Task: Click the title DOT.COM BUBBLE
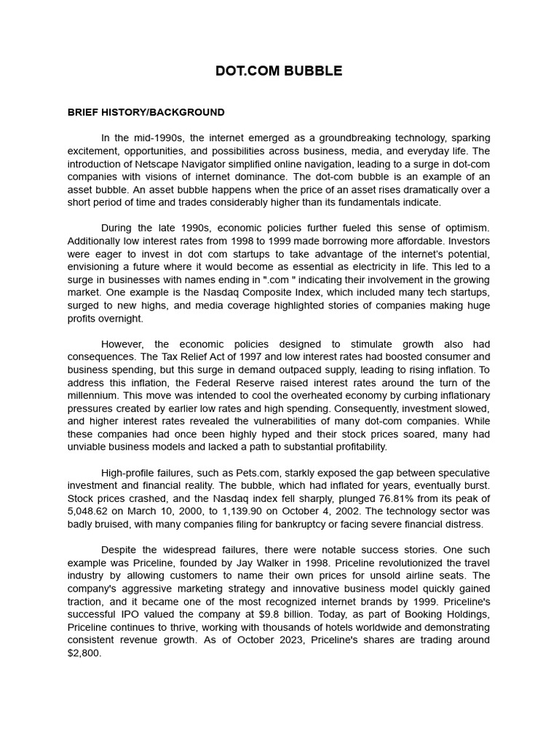[x=279, y=71]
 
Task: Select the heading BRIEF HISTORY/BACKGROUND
[x=146, y=113]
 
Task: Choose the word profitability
[x=353, y=447]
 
